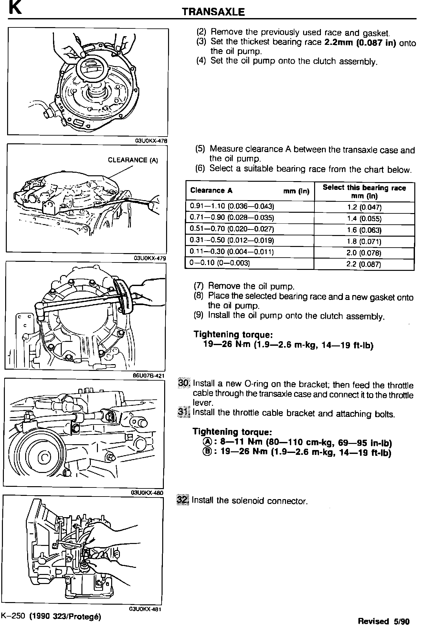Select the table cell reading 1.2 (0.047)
pos(364,207)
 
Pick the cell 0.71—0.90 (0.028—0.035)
pos(232,218)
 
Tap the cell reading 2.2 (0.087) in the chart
pos(364,264)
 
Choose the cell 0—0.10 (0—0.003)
pos(220,263)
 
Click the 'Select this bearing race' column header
pos(364,191)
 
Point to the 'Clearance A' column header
pos(212,190)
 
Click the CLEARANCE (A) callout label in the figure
pos(133,160)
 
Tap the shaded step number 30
pos(185,383)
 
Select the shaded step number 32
pos(183,500)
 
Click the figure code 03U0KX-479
pos(150,258)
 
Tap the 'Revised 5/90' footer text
pos(383,621)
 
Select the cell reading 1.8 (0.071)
pos(364,241)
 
